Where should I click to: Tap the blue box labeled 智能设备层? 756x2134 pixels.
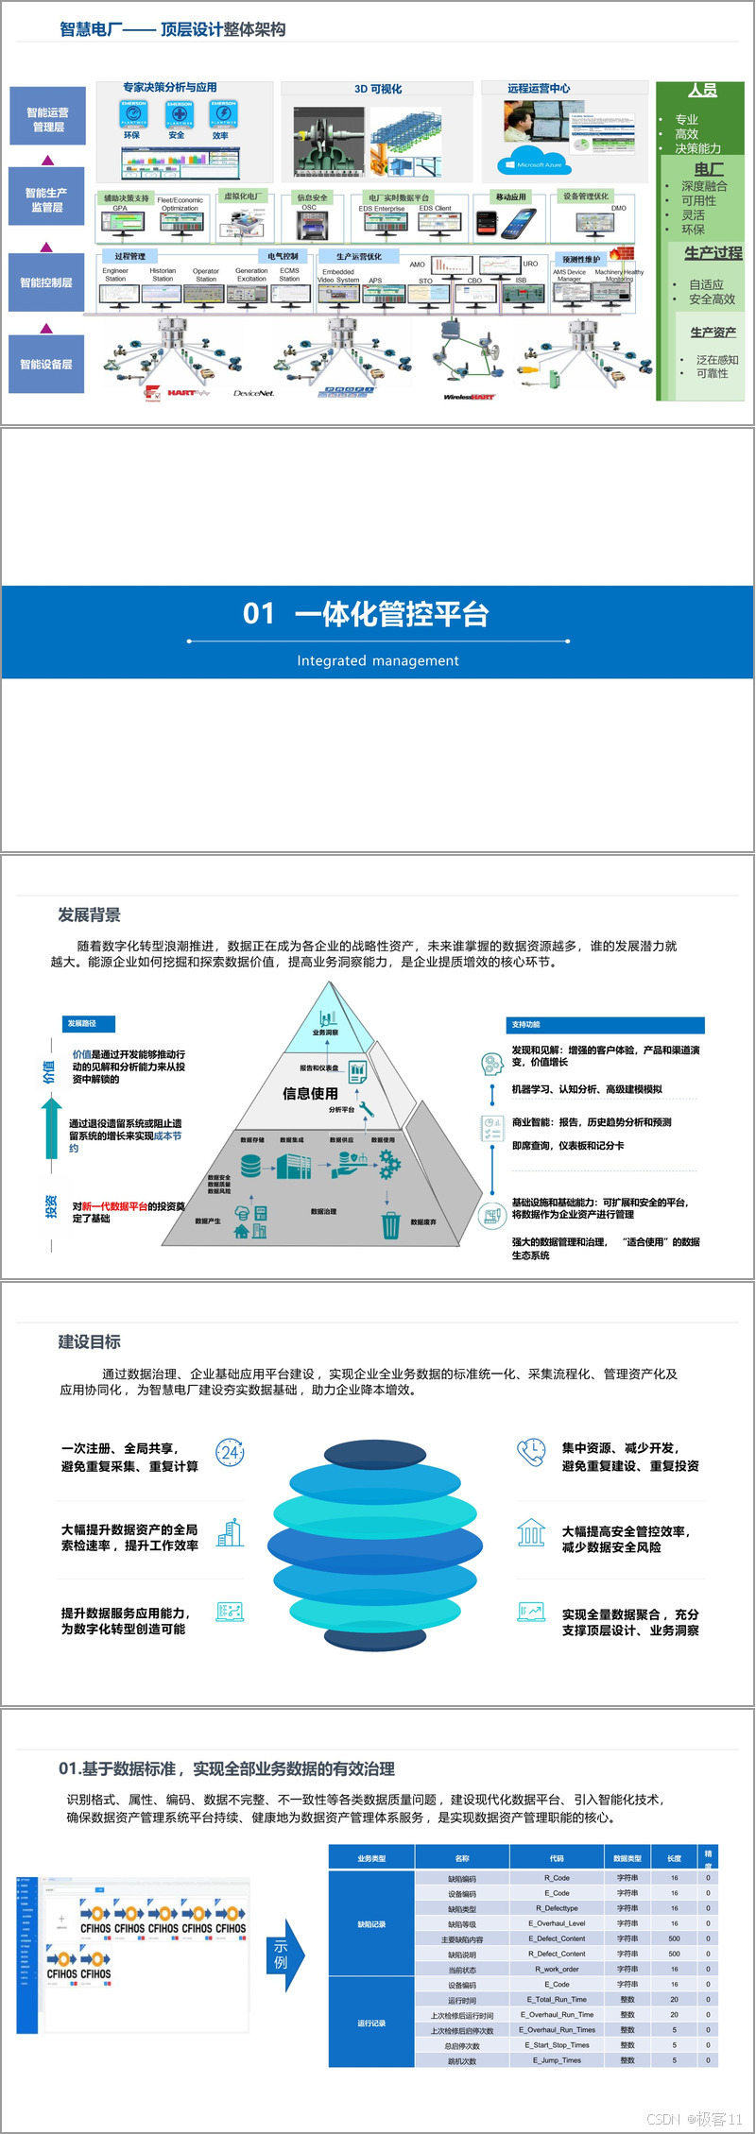pos(46,364)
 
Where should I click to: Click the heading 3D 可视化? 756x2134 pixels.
pos(377,89)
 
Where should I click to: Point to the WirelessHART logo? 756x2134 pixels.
pos(469,397)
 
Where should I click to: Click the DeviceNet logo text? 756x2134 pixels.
pos(253,393)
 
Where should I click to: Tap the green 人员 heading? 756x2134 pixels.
pos(701,91)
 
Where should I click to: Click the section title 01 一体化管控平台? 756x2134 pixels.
pos(366,614)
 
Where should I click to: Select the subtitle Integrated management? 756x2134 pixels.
pos(378,660)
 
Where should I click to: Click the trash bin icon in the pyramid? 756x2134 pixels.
pos(390,1225)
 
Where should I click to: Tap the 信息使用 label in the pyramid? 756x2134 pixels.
pos(310,1093)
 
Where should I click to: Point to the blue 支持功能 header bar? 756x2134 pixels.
pos(605,1024)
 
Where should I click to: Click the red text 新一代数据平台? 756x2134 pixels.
pos(114,1206)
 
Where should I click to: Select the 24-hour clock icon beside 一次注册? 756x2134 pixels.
pos(230,1453)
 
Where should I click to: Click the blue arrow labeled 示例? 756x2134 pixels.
pos(283,1955)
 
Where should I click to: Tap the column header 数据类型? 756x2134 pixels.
pos(627,1858)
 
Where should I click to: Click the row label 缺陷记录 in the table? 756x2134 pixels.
pos(371,1924)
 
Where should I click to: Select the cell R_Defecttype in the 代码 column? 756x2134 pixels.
pos(557,1908)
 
